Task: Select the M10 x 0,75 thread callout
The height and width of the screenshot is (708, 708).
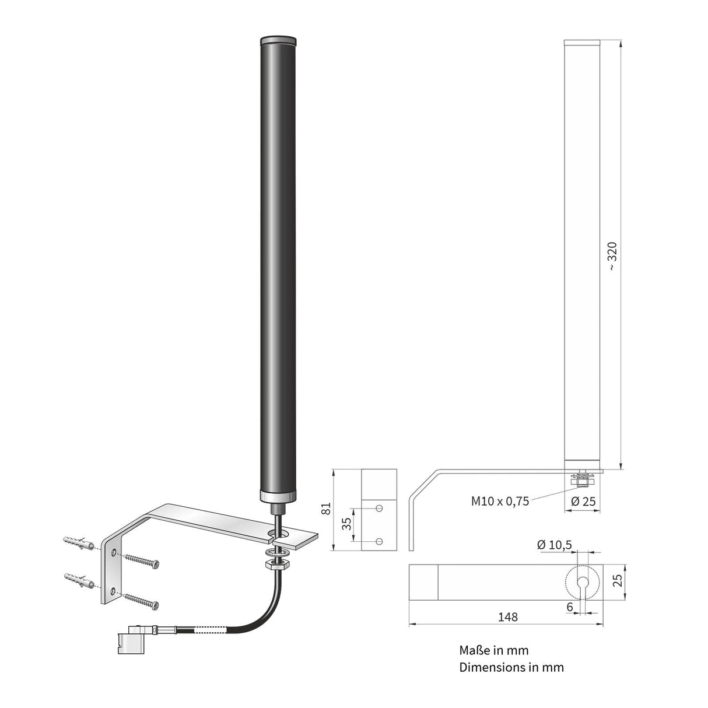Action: [500, 501]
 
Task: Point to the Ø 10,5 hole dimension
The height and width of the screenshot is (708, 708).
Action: [554, 545]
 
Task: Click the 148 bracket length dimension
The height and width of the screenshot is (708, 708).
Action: [508, 616]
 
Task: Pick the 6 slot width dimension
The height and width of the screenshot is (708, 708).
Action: [569, 607]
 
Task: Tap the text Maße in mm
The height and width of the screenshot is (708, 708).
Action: [493, 650]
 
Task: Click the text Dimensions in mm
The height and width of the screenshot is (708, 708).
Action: [511, 667]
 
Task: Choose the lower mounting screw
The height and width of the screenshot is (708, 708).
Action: [141, 600]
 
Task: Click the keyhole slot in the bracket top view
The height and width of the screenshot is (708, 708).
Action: [582, 583]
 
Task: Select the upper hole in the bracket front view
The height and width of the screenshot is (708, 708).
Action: [379, 509]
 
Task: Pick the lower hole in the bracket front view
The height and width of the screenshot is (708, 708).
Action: [379, 542]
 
